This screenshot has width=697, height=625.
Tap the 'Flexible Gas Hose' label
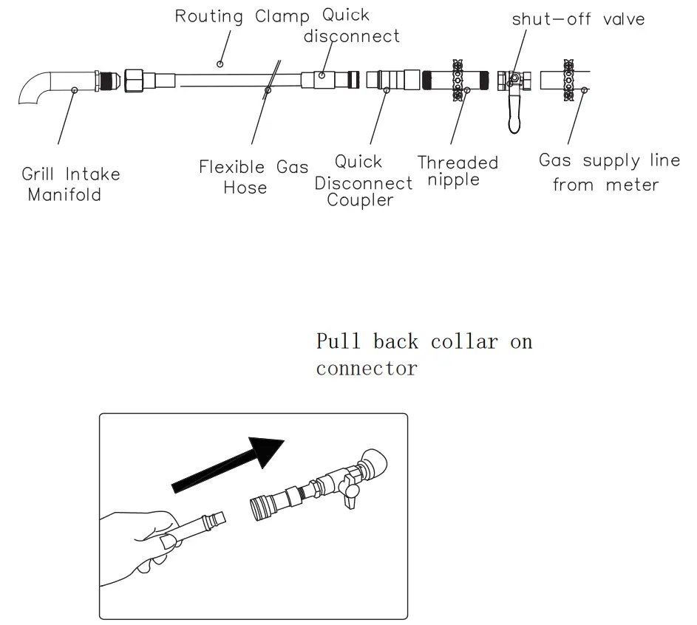point(254,177)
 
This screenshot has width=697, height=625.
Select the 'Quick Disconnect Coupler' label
point(364,181)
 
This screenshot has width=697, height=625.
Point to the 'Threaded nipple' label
point(458,171)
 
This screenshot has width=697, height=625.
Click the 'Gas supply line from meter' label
point(609,172)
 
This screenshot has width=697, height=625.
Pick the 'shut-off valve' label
point(578,19)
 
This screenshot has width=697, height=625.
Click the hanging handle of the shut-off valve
point(512,116)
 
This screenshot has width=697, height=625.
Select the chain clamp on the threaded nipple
point(458,81)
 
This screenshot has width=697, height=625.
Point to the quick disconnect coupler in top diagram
point(398,80)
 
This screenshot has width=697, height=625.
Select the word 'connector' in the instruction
point(366,368)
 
